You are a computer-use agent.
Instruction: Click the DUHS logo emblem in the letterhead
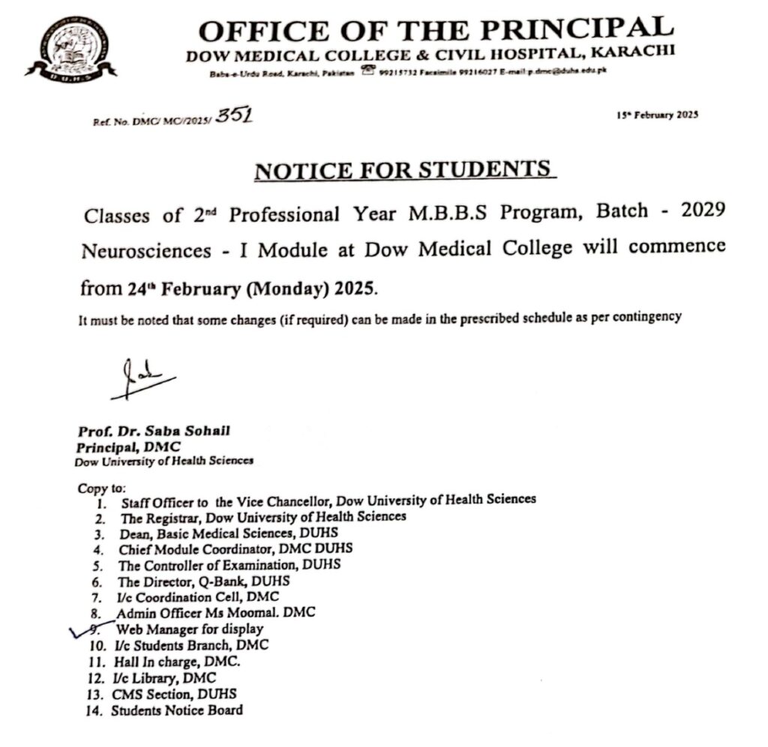pos(70,47)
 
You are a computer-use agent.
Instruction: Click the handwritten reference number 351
pos(233,116)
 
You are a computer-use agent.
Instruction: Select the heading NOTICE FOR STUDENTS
pos(404,171)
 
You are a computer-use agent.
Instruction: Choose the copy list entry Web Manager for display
pos(189,629)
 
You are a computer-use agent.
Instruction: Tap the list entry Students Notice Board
pos(177,710)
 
